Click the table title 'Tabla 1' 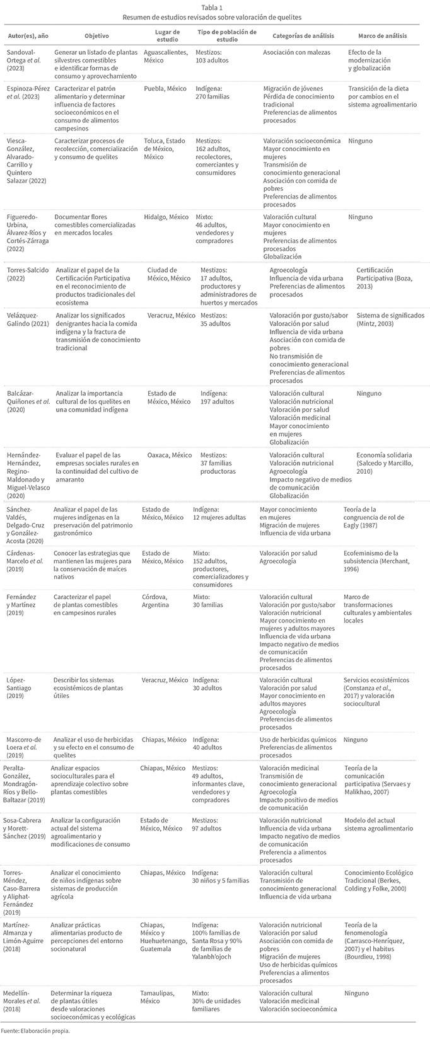pyautogui.click(x=215, y=6)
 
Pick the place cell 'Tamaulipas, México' pyautogui.click(x=158, y=997)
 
